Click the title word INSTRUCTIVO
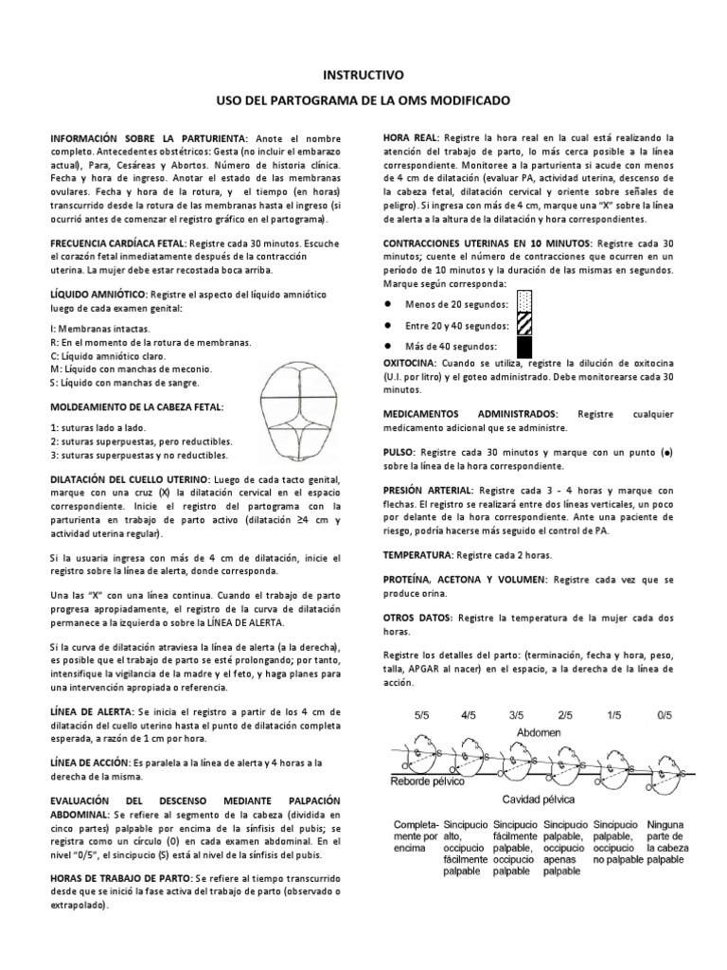(x=363, y=73)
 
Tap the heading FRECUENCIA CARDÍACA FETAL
(x=118, y=242)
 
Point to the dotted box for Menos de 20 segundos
(x=523, y=304)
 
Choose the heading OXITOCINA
(x=410, y=363)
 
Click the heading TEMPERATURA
(x=417, y=553)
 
